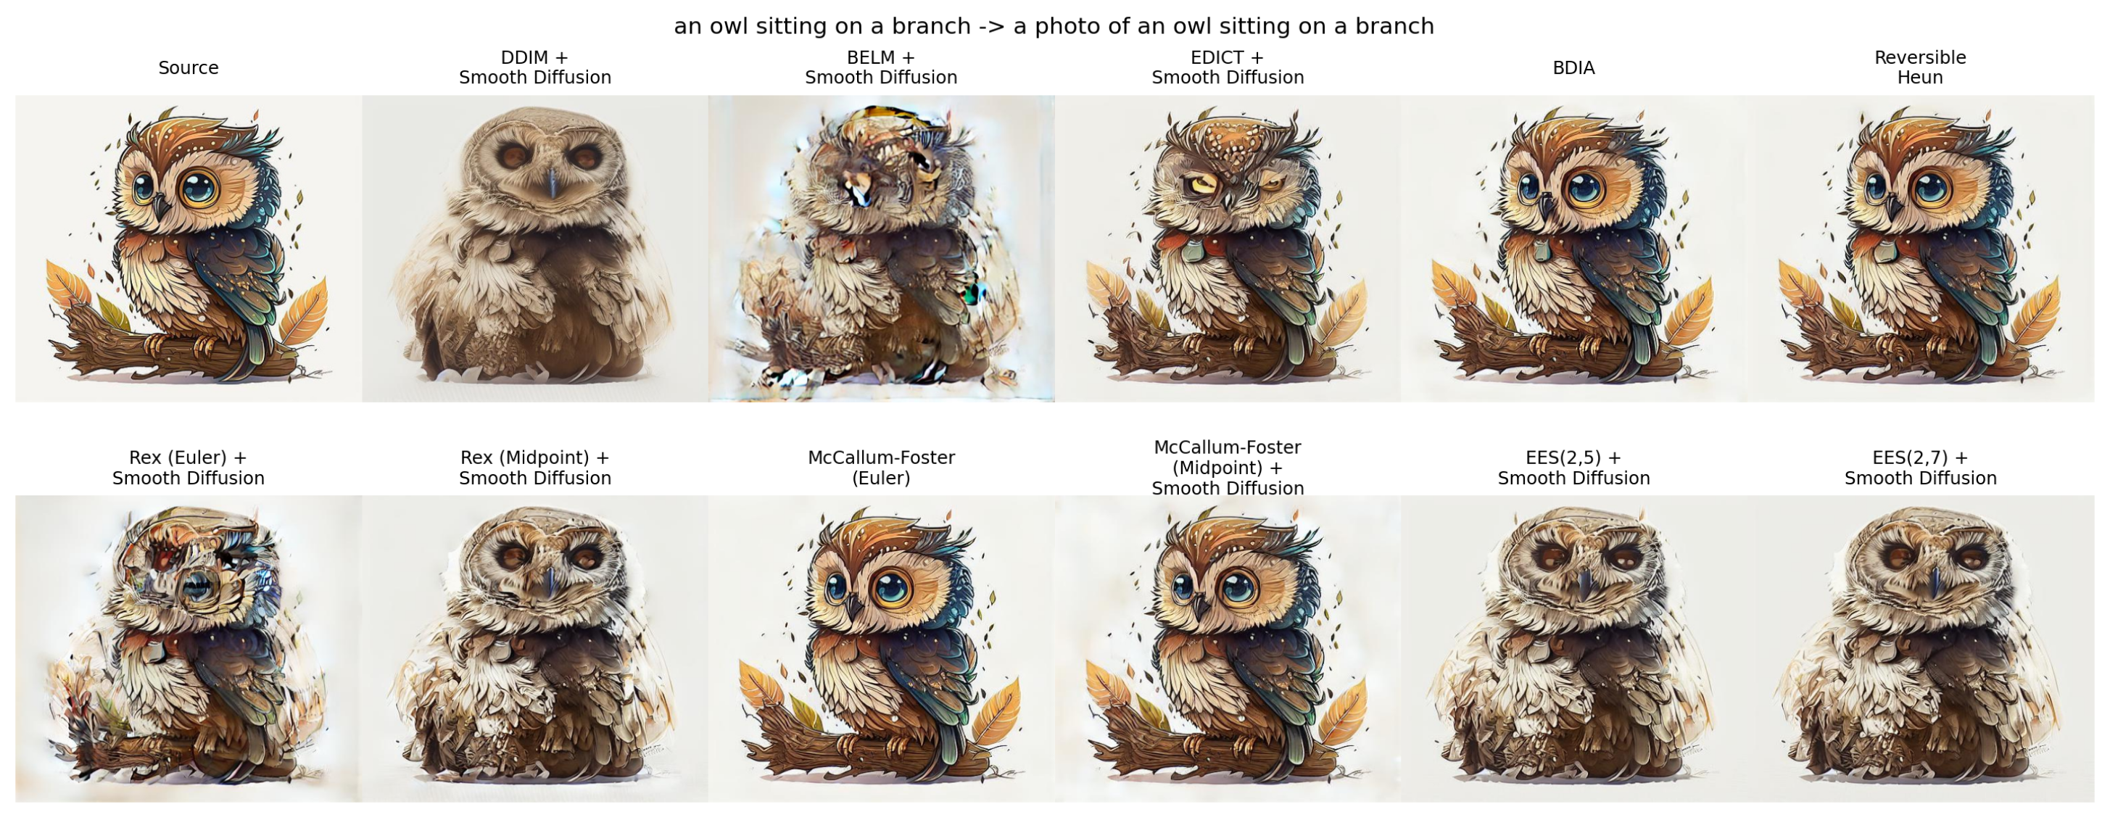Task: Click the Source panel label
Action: click(189, 68)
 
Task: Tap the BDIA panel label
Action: click(1573, 68)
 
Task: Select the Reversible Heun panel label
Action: click(1920, 67)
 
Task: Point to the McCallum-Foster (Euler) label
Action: click(882, 468)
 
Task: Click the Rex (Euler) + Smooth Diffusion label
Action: click(189, 468)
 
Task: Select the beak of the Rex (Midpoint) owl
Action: click(550, 581)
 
